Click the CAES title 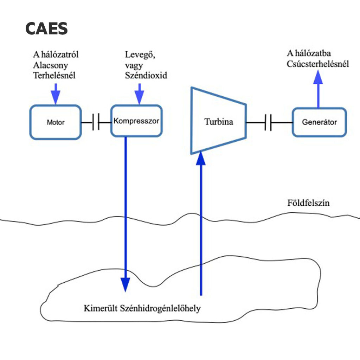click(x=46, y=28)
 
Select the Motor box click(x=56, y=122)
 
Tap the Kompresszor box click(x=136, y=121)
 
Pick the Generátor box click(x=319, y=122)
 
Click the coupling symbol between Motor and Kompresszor click(x=96, y=122)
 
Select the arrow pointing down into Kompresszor click(x=140, y=95)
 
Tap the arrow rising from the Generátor click(x=319, y=88)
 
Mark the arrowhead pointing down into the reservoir click(x=126, y=284)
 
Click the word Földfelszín click(x=308, y=203)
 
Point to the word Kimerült click(x=101, y=309)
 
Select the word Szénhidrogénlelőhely click(x=160, y=309)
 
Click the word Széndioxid click(x=146, y=75)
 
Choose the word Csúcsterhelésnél click(x=318, y=64)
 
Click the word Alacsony click(x=51, y=65)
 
